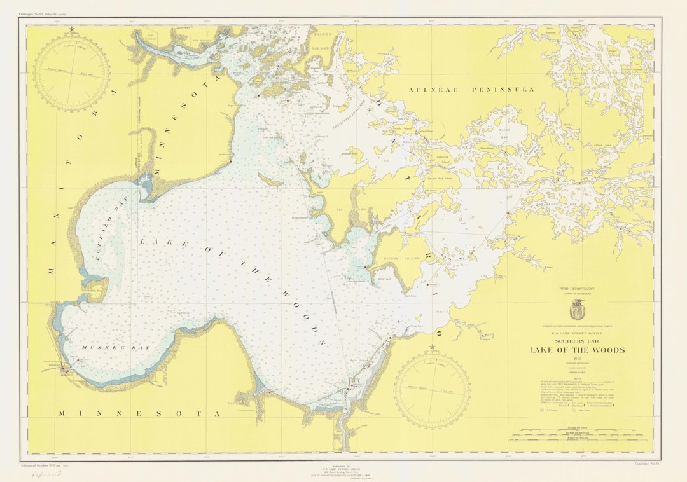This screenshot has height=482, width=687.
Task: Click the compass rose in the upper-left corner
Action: point(71,73)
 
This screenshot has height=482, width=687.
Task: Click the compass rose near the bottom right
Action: point(433,390)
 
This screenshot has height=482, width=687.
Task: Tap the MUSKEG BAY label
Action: point(105,348)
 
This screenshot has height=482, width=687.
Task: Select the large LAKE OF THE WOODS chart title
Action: point(578,350)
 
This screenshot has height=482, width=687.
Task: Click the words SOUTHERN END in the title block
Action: point(578,340)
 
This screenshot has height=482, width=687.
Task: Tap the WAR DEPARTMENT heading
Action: point(578,289)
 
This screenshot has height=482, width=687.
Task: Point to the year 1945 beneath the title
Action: point(578,359)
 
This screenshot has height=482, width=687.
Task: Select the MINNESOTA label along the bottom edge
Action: point(138,413)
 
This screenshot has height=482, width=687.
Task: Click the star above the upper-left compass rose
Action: point(72,29)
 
